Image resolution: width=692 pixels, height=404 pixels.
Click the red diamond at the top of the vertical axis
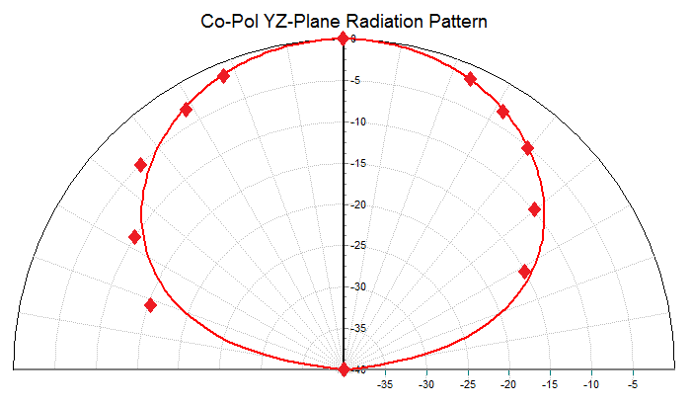(343, 39)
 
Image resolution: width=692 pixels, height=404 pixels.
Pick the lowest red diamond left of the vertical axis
(150, 305)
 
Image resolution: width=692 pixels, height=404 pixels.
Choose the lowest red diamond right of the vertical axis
(524, 272)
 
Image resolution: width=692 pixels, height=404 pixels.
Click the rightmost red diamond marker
(534, 208)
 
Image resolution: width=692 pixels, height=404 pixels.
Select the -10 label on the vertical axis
(356, 122)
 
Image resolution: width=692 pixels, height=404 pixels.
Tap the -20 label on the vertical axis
(356, 205)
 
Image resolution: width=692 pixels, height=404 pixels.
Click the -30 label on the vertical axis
(356, 287)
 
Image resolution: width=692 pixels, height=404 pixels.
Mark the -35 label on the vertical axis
(356, 329)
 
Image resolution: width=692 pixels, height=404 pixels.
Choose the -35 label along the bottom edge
(385, 383)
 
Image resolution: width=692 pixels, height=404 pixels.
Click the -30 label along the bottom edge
(426, 383)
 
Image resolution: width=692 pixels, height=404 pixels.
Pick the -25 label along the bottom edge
(468, 383)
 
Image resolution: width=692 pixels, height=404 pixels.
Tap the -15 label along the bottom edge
(550, 383)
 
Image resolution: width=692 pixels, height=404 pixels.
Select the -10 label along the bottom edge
(591, 383)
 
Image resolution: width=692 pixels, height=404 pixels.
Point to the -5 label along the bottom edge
(633, 383)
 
